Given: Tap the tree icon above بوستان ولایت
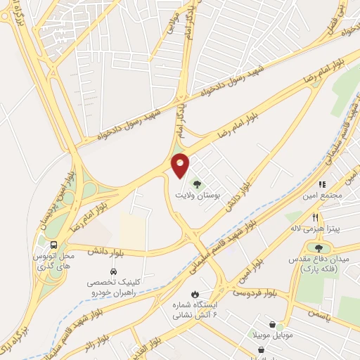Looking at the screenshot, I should click(196, 185).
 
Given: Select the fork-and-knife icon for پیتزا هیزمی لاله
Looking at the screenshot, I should click(316, 217).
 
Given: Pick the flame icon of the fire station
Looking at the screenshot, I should click(195, 293).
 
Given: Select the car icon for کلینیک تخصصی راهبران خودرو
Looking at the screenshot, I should click(112, 271).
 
